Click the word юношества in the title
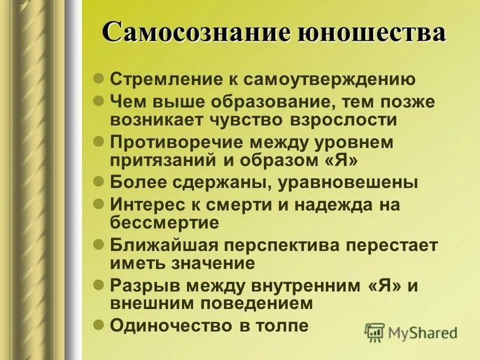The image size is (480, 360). pyautogui.click(x=371, y=32)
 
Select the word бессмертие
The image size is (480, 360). pyautogui.click(x=164, y=222)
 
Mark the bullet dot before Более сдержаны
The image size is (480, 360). pyautogui.click(x=100, y=182)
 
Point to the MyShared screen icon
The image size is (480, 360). pyautogui.click(x=374, y=332)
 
